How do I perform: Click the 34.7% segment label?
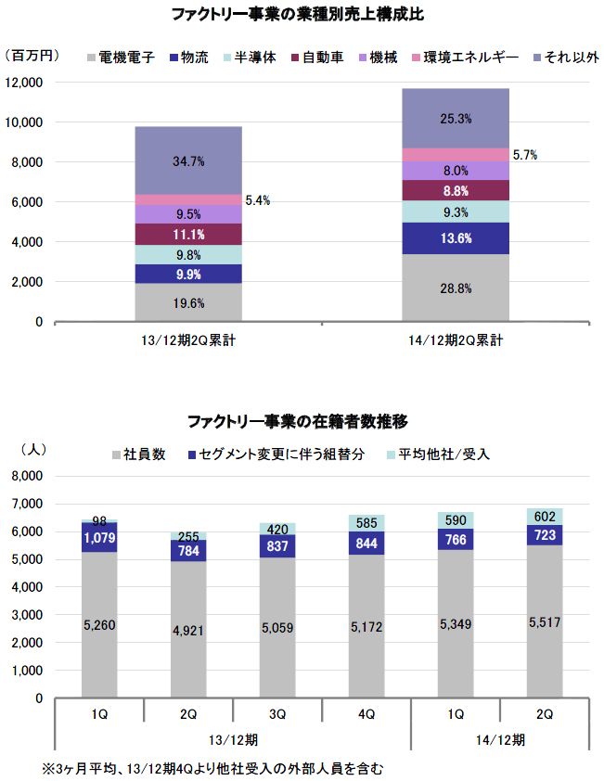click(x=188, y=161)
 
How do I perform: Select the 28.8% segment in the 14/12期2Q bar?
click(x=456, y=288)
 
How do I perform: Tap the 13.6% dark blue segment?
click(x=456, y=238)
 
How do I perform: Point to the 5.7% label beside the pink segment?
click(x=525, y=155)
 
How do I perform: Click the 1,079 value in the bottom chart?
click(x=99, y=538)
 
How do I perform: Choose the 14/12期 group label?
click(x=500, y=739)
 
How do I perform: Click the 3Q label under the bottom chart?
click(x=277, y=714)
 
